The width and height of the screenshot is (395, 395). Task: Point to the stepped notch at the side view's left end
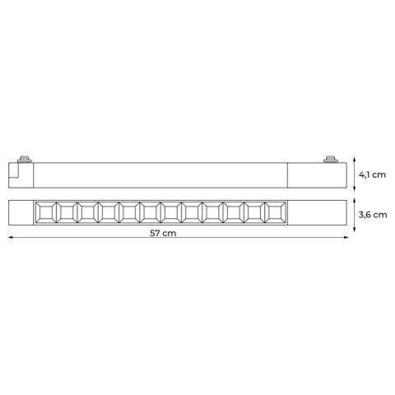(x=14, y=174)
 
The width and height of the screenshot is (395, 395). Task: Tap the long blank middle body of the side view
(x=165, y=176)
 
